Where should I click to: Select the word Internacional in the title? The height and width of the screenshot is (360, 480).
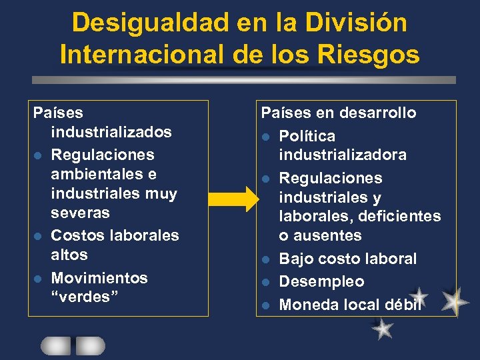pyautogui.click(x=141, y=53)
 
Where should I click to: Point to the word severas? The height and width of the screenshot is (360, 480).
pyautogui.click(x=81, y=213)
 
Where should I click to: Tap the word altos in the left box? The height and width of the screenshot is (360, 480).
pyautogui.click(x=69, y=255)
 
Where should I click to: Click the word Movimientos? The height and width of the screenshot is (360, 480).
pyautogui.click(x=99, y=277)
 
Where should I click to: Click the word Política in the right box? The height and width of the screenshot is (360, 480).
pyautogui.click(x=307, y=136)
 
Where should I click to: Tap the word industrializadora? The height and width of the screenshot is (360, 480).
pyautogui.click(x=343, y=155)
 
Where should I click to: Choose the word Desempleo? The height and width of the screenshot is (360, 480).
pyautogui.click(x=321, y=281)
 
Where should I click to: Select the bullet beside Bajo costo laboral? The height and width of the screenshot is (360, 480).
pyautogui.click(x=265, y=259)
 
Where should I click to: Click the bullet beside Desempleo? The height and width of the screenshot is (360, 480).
pyautogui.click(x=265, y=282)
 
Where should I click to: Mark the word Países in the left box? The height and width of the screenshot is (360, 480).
pyautogui.click(x=58, y=113)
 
